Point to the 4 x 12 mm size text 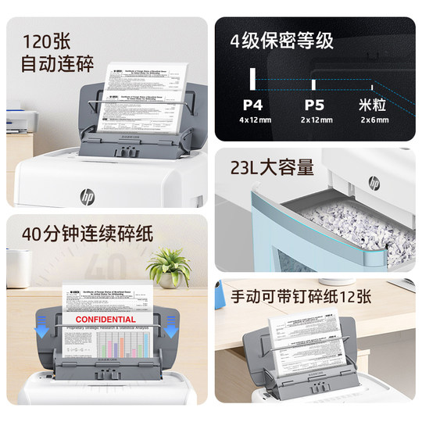click(252, 120)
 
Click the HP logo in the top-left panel click(87, 194)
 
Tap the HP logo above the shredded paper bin click(374, 182)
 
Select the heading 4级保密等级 click(281, 41)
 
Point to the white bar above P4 click(252, 78)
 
